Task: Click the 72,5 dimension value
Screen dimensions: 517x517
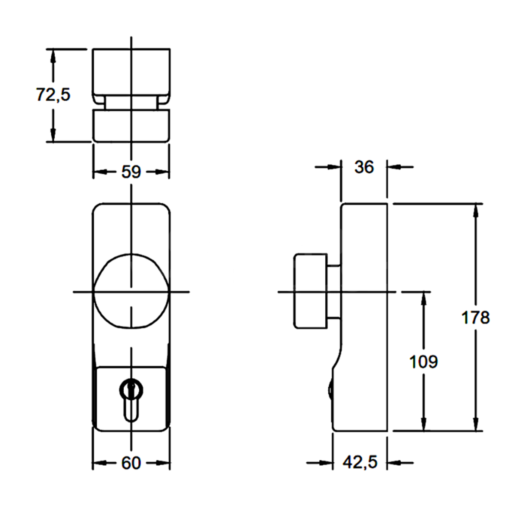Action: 53,94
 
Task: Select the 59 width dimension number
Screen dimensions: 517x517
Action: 131,172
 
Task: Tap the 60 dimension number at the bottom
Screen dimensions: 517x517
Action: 131,463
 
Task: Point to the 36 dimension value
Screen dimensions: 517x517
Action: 364,167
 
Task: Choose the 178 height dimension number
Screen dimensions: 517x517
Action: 476,318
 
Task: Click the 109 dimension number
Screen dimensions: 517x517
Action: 424,362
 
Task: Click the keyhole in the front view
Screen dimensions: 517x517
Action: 131,399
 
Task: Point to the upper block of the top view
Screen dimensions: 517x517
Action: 131,71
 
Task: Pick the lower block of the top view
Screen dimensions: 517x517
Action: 131,126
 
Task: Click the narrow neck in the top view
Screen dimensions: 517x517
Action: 131,103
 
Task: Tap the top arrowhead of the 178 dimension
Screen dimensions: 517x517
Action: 476,211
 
